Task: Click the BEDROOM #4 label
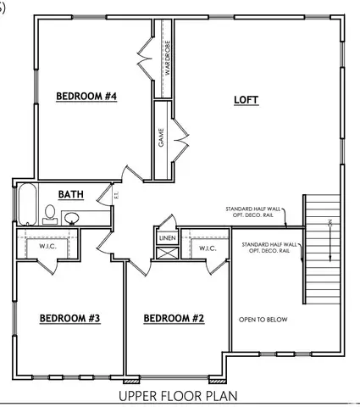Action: point(86,97)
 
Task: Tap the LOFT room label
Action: point(246,101)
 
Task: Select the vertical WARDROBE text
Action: point(168,59)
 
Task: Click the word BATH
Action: point(70,195)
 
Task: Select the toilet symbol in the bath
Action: point(50,213)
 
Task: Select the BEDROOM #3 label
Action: point(70,319)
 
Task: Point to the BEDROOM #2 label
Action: point(174,319)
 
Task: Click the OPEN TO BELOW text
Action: point(263,320)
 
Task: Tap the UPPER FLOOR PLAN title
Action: point(178,395)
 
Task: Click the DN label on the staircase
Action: point(330,223)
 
